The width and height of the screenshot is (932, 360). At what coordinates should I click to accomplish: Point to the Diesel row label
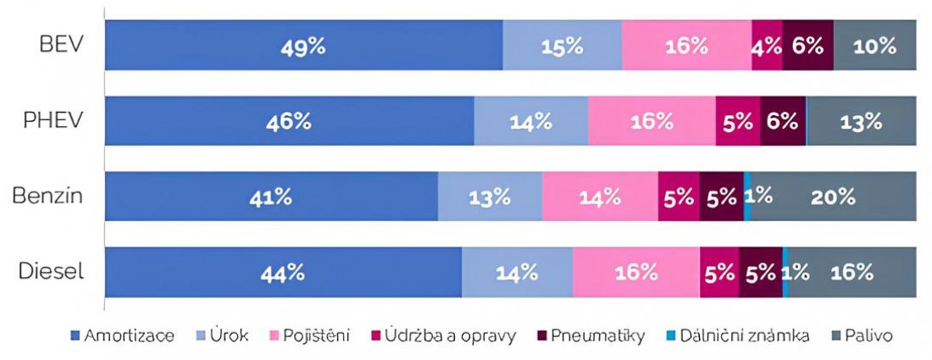point(53,272)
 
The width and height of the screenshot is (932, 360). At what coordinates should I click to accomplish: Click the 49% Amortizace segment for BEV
point(303,45)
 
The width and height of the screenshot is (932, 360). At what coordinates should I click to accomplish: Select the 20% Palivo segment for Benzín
point(833,197)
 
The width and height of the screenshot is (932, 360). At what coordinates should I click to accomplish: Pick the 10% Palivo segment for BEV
point(874,45)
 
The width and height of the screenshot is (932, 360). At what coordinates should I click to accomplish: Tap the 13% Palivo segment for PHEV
point(861,120)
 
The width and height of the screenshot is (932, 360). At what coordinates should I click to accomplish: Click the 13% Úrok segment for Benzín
point(490,197)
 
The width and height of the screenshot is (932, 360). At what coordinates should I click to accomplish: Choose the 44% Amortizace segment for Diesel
point(283,272)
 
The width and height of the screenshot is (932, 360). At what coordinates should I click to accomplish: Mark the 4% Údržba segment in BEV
point(767,45)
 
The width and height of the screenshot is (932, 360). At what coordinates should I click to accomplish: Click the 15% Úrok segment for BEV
point(562,45)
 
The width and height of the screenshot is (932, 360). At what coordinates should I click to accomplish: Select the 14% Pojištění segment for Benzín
point(600,197)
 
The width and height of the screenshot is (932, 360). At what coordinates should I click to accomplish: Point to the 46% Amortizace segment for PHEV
point(289,120)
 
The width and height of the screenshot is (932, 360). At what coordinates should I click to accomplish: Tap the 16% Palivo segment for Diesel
point(852,272)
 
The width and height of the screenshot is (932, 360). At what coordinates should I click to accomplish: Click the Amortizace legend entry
point(123,336)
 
